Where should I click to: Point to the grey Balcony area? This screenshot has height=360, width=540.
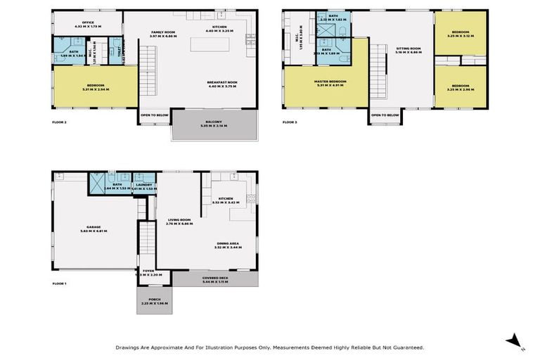click(x=214, y=127)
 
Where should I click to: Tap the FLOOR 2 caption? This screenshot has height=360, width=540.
click(x=59, y=122)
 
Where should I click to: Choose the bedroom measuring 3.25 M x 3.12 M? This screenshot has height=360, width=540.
click(x=461, y=33)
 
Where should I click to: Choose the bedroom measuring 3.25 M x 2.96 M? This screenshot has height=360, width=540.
click(x=461, y=87)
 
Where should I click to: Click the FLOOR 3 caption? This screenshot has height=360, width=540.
click(x=290, y=122)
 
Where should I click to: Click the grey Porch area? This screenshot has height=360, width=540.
click(x=154, y=300)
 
